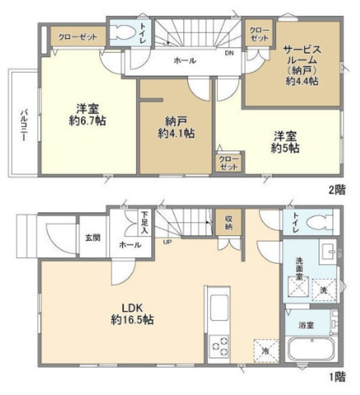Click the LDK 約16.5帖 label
pos(132,314)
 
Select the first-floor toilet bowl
pos(318,222)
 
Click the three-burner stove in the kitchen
pos(219,346)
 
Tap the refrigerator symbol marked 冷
pos(266,351)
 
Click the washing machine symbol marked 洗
pos(324,289)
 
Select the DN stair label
pos(229,53)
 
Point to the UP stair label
pos(167,243)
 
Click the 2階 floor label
pos(337,189)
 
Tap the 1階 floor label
pos(337,377)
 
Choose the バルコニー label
pos(23,125)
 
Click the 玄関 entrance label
pos(93,237)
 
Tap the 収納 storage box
pos(228,222)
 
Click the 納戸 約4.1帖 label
pos(176,128)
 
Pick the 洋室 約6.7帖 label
pos(88,115)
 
